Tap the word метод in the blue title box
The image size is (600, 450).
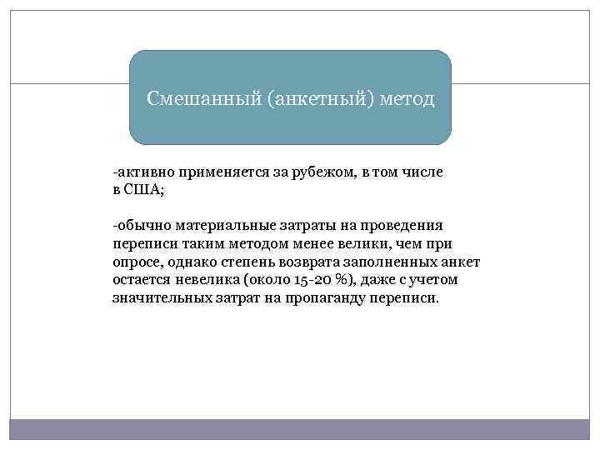point(407,99)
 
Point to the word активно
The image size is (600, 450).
point(141,172)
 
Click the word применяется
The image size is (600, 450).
point(213,172)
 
